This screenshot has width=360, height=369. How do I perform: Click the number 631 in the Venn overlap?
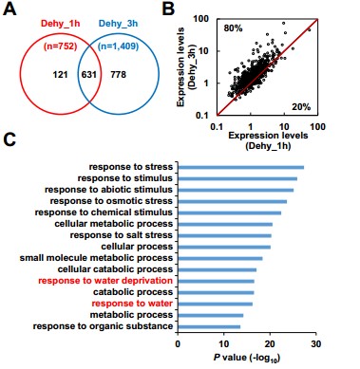coord(89,75)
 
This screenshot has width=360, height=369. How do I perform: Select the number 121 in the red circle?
coord(60,75)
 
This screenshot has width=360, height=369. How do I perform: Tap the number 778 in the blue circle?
coord(118,75)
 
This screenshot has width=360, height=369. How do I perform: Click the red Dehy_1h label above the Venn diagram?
coord(61,24)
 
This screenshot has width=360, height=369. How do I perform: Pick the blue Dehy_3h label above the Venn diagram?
coord(118,24)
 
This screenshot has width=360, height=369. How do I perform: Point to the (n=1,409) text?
coord(118,46)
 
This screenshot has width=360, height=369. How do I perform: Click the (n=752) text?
coord(60,46)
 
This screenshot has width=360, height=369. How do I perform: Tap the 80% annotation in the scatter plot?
coord(233,28)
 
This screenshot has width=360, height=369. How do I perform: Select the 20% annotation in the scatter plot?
coord(301,107)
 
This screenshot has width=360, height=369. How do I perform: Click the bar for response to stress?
coord(241,167)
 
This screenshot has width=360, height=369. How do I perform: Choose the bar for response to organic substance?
coord(209,326)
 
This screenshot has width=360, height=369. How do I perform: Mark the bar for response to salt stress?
coord(224,235)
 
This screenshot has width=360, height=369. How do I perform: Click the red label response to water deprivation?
coord(105,281)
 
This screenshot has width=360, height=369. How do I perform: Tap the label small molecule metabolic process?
coord(96,258)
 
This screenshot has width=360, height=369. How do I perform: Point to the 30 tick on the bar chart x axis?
coord(316,344)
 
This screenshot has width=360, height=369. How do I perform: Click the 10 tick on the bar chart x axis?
coord(224,344)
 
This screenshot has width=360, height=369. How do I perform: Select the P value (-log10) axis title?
coord(247,358)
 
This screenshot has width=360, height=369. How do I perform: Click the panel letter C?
coord(9,139)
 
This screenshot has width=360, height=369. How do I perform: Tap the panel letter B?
coord(168,9)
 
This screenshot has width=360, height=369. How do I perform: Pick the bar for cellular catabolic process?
coord(218,269)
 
